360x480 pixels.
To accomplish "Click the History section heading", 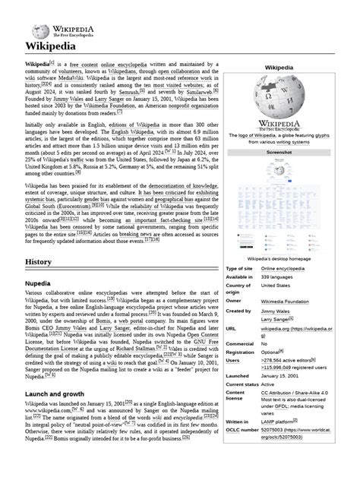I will (x=39, y=262).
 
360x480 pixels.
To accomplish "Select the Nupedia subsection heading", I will (x=43, y=283).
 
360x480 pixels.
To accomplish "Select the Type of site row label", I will (x=239, y=290).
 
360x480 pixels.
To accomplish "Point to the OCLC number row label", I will (x=242, y=430).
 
